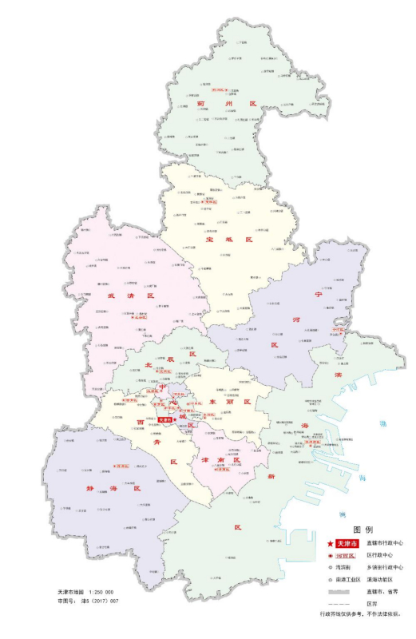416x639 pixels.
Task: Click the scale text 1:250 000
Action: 100,592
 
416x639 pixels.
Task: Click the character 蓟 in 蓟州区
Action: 195,101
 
